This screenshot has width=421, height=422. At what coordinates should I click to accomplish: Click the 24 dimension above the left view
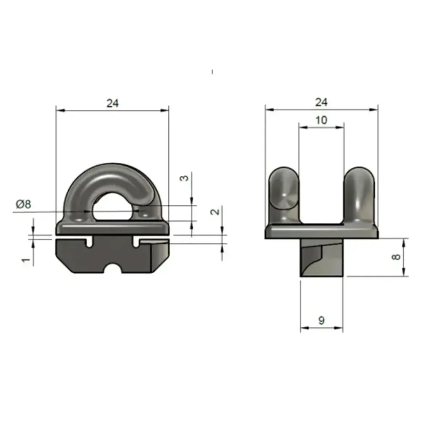point(113,103)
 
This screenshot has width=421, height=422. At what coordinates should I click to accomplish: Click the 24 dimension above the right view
point(321,102)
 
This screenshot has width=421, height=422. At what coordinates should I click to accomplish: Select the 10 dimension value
point(321,120)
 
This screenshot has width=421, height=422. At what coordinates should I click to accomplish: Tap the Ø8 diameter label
point(24,204)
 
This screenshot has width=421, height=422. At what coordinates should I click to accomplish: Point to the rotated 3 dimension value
point(184,178)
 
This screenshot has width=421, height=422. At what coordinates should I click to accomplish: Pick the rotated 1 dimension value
point(26,260)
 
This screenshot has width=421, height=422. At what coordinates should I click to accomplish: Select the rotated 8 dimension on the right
point(396,257)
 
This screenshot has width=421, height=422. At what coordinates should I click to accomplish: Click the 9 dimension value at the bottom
point(321,320)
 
